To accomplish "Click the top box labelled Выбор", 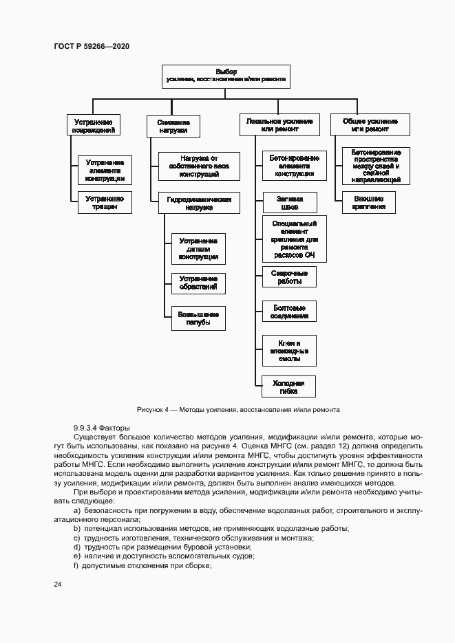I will tap(226, 76).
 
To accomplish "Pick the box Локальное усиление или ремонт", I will tap(279, 124).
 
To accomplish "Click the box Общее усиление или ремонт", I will tap(370, 124).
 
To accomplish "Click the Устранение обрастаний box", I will tap(198, 283).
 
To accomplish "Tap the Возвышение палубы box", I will tap(198, 318).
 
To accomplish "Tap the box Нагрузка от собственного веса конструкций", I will tap(199, 166).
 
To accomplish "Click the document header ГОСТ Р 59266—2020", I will tap(92, 46).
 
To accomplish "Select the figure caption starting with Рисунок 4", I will tap(238, 409).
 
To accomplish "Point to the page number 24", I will tap(58, 584).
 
